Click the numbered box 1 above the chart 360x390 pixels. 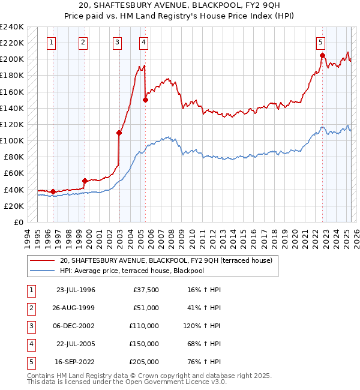point(52,42)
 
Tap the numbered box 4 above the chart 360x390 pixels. point(144,42)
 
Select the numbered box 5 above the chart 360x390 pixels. point(321,42)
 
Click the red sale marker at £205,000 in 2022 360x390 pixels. point(323,55)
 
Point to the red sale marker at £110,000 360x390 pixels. point(119,133)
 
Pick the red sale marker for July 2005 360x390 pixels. point(145,100)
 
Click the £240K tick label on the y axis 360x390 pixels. point(12,26)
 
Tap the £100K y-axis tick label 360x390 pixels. point(12,140)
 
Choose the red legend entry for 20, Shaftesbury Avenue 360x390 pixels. point(166,260)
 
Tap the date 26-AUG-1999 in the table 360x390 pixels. point(76,308)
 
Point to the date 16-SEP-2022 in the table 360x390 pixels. point(76,362)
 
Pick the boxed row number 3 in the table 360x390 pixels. point(30,326)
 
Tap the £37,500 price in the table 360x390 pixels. point(145,290)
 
